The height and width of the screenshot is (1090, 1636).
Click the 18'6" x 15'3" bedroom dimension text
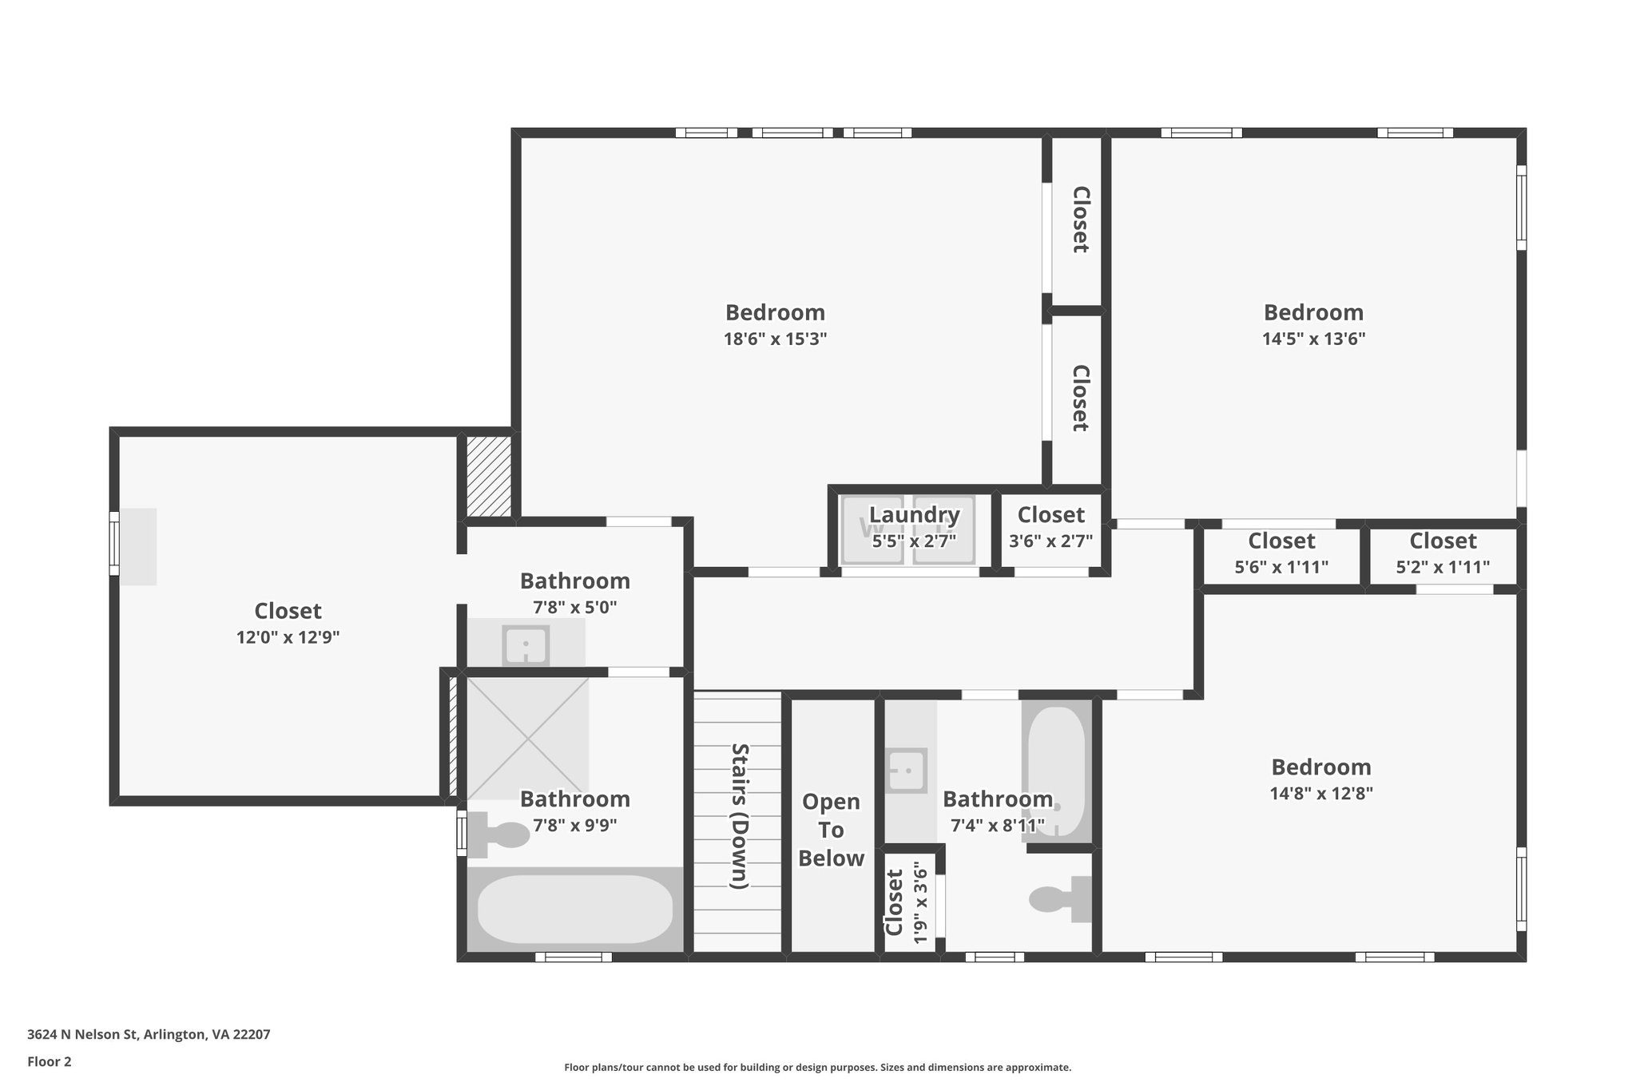[x=775, y=339]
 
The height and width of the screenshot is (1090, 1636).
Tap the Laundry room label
[x=914, y=515]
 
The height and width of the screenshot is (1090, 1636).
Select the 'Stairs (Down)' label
[x=740, y=816]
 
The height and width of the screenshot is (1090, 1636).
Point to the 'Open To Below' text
[x=831, y=830]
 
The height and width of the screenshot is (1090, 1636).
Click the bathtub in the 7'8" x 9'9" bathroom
[x=574, y=910]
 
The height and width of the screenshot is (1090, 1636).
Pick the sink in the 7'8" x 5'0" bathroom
[x=526, y=645]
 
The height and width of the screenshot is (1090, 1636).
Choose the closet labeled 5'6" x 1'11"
[x=1281, y=553]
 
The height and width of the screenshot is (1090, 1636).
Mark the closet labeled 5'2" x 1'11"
[x=1443, y=553]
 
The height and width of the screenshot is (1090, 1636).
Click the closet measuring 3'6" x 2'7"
[x=1050, y=528]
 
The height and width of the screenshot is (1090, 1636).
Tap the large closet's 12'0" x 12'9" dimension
[x=288, y=637]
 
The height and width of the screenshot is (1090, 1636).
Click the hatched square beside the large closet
[x=488, y=476]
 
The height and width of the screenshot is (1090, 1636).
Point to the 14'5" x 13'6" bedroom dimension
[x=1313, y=339]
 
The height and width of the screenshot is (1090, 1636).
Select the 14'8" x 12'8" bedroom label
[x=1321, y=767]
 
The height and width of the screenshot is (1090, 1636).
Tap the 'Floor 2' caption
[x=50, y=1061]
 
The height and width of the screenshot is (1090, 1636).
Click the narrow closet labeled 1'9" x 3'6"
[x=909, y=903]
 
